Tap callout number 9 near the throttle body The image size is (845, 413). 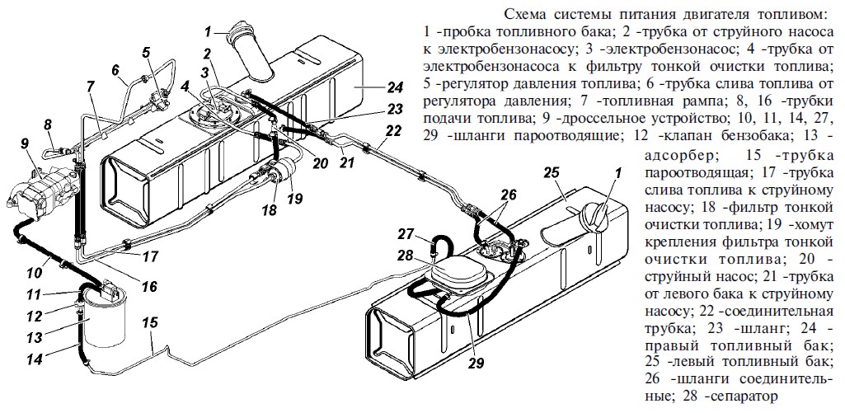(24, 142)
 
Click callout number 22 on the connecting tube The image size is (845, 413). (393, 130)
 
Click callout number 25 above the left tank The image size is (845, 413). (552, 175)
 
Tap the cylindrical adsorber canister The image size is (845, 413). (106, 326)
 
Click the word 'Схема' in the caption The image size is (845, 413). (524, 14)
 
